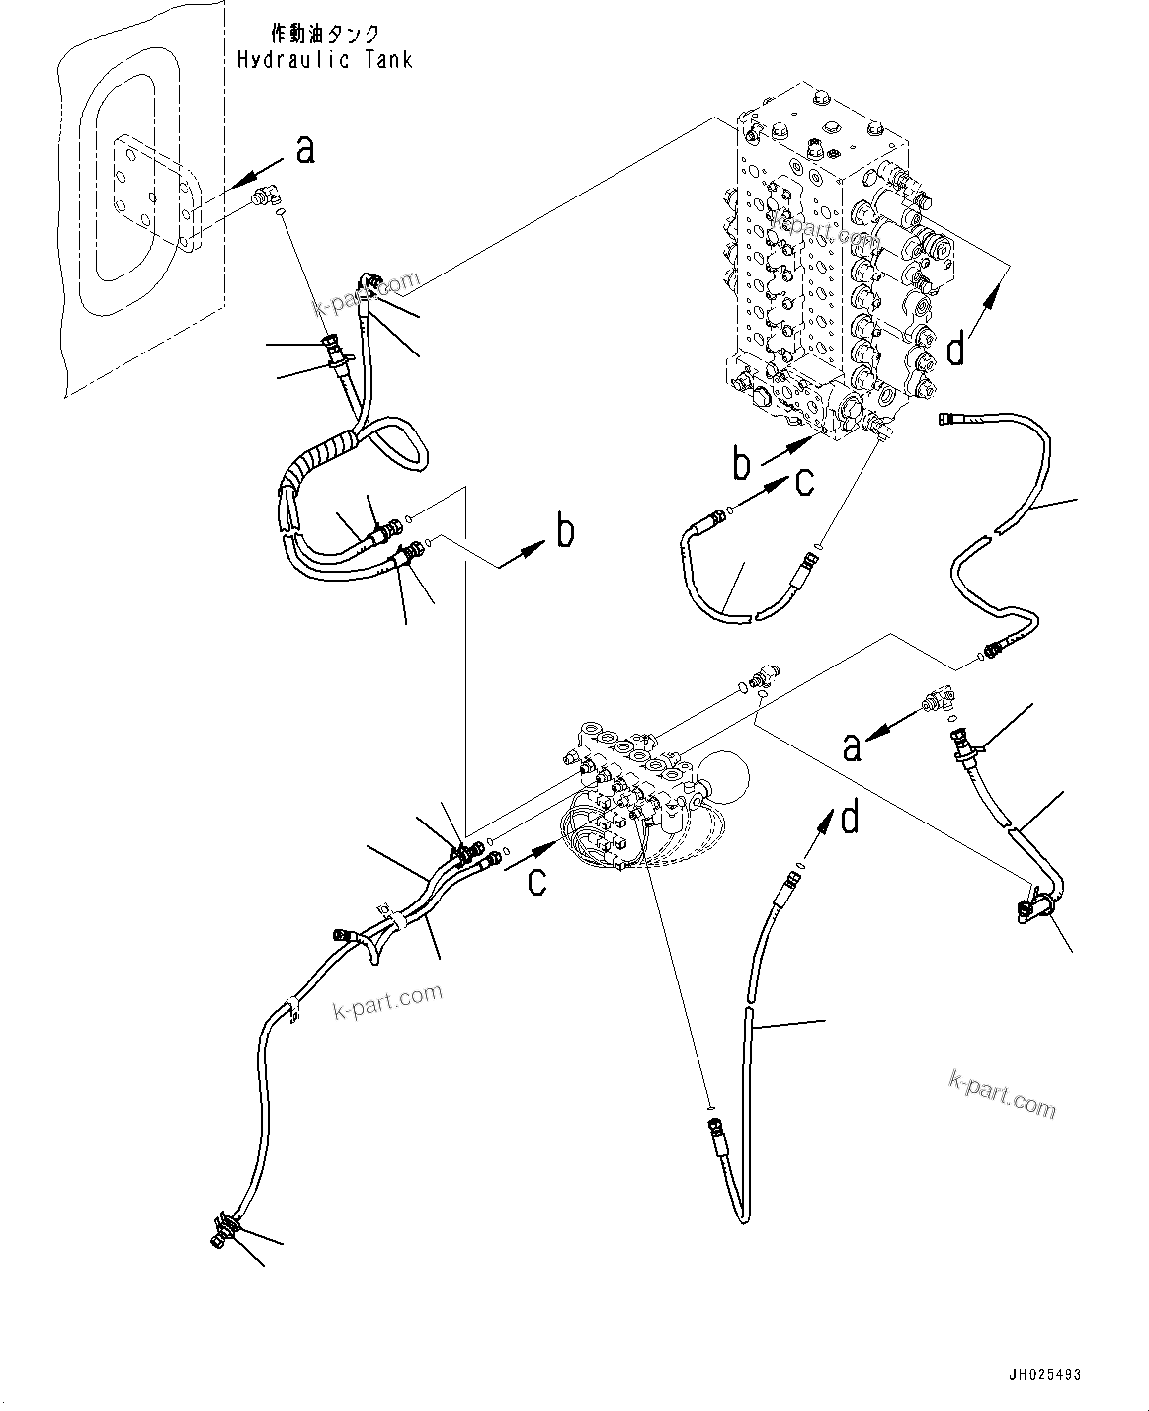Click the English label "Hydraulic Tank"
pyautogui.click(x=324, y=59)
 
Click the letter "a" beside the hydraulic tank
pyautogui.click(x=306, y=150)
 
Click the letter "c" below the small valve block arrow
pyautogui.click(x=536, y=880)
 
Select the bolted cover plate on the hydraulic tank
pyautogui.click(x=154, y=194)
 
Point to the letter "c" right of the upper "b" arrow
pyautogui.click(x=805, y=481)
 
